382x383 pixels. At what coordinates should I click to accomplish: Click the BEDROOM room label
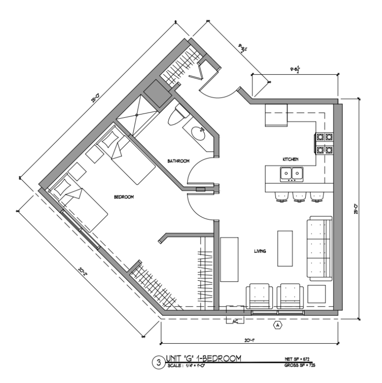(124, 197)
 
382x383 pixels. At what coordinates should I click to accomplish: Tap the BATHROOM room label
(178, 161)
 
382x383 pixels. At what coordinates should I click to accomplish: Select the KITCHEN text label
(290, 159)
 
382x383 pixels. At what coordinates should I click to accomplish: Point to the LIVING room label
(260, 251)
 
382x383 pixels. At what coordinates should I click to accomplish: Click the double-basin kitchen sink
(290, 174)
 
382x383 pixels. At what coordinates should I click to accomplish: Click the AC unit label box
(236, 321)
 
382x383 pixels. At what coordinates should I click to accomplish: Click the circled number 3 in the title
(159, 362)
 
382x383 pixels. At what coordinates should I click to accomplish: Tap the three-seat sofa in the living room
(319, 248)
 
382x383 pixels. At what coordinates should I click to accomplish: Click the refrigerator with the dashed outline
(276, 115)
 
